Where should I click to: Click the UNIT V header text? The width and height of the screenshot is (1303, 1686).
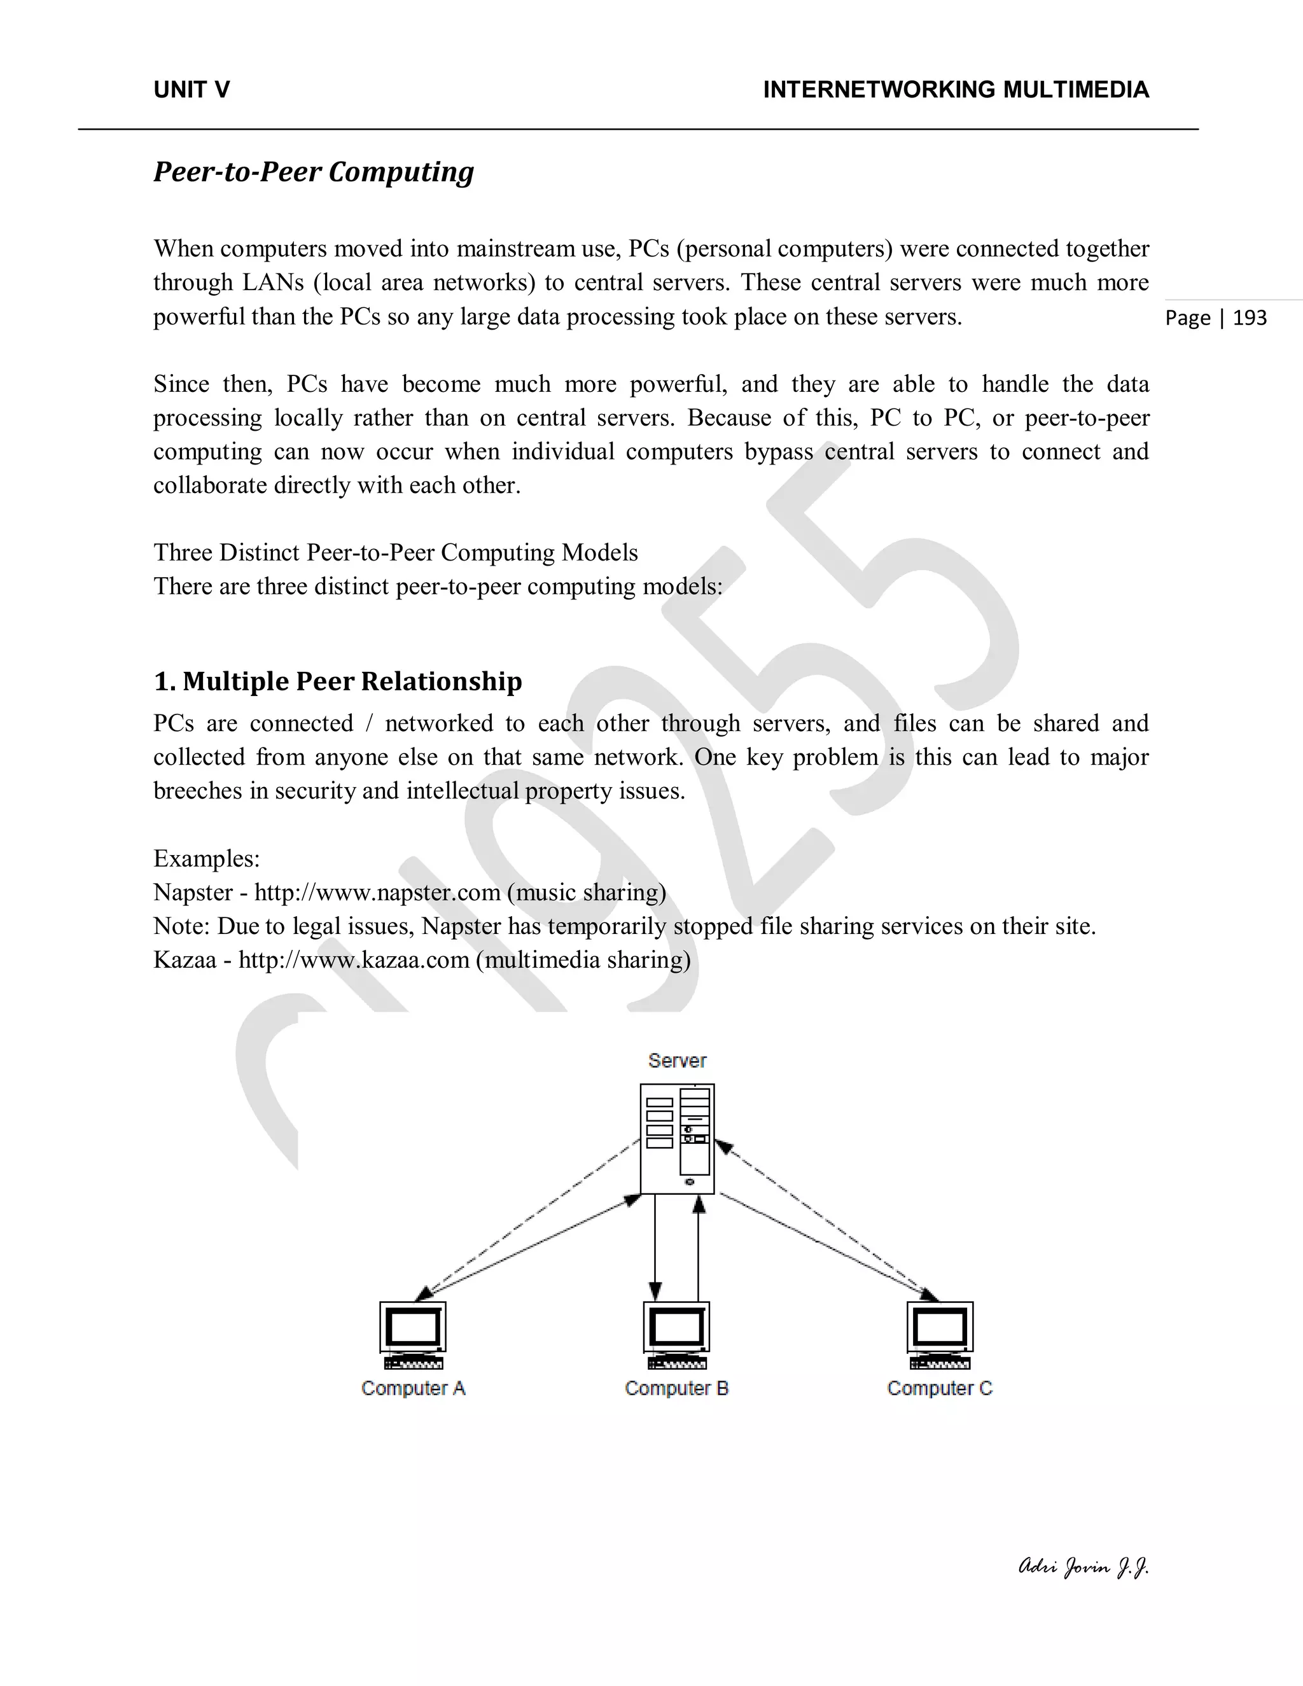pyautogui.click(x=192, y=90)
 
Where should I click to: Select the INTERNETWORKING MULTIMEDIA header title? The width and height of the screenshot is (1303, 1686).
pyautogui.click(x=956, y=90)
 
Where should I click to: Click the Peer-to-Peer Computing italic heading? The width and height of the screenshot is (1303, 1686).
pyautogui.click(x=314, y=171)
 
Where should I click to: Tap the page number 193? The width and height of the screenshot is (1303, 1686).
pyautogui.click(x=1250, y=318)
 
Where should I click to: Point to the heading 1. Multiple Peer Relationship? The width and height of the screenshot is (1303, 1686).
pyautogui.click(x=338, y=681)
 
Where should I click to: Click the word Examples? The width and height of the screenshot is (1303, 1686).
pyautogui.click(x=206, y=858)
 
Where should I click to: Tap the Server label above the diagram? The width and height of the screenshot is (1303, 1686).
pyautogui.click(x=677, y=1061)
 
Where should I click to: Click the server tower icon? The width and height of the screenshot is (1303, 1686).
pyautogui.click(x=677, y=1139)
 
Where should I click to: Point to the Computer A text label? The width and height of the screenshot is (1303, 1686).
pyautogui.click(x=413, y=1389)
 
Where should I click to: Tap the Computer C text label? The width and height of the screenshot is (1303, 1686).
pyautogui.click(x=940, y=1389)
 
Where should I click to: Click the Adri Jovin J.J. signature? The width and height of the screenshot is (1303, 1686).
pyautogui.click(x=1083, y=1567)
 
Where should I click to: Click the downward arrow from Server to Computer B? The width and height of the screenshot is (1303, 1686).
pyautogui.click(x=655, y=1251)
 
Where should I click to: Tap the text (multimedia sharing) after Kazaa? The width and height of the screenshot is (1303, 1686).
pyautogui.click(x=583, y=959)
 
